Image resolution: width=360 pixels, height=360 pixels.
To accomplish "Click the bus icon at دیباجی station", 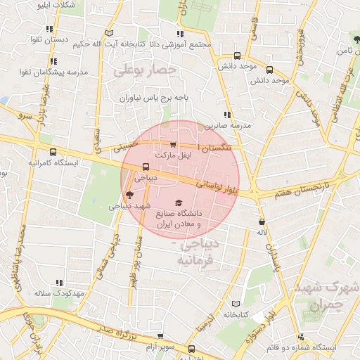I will [x=146, y=167].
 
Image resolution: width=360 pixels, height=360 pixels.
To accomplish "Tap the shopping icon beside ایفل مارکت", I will [x=173, y=145].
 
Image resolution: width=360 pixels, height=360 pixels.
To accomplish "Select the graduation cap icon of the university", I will [x=177, y=202].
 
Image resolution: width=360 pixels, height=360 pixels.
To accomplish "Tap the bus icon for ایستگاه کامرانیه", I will [x=53, y=152].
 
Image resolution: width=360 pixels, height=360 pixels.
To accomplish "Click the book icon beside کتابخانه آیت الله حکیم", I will [x=108, y=32].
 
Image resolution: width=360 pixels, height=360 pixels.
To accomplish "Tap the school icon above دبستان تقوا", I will [x=49, y=29].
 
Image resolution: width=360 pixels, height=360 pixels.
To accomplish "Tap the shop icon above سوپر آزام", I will [x=160, y=337].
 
